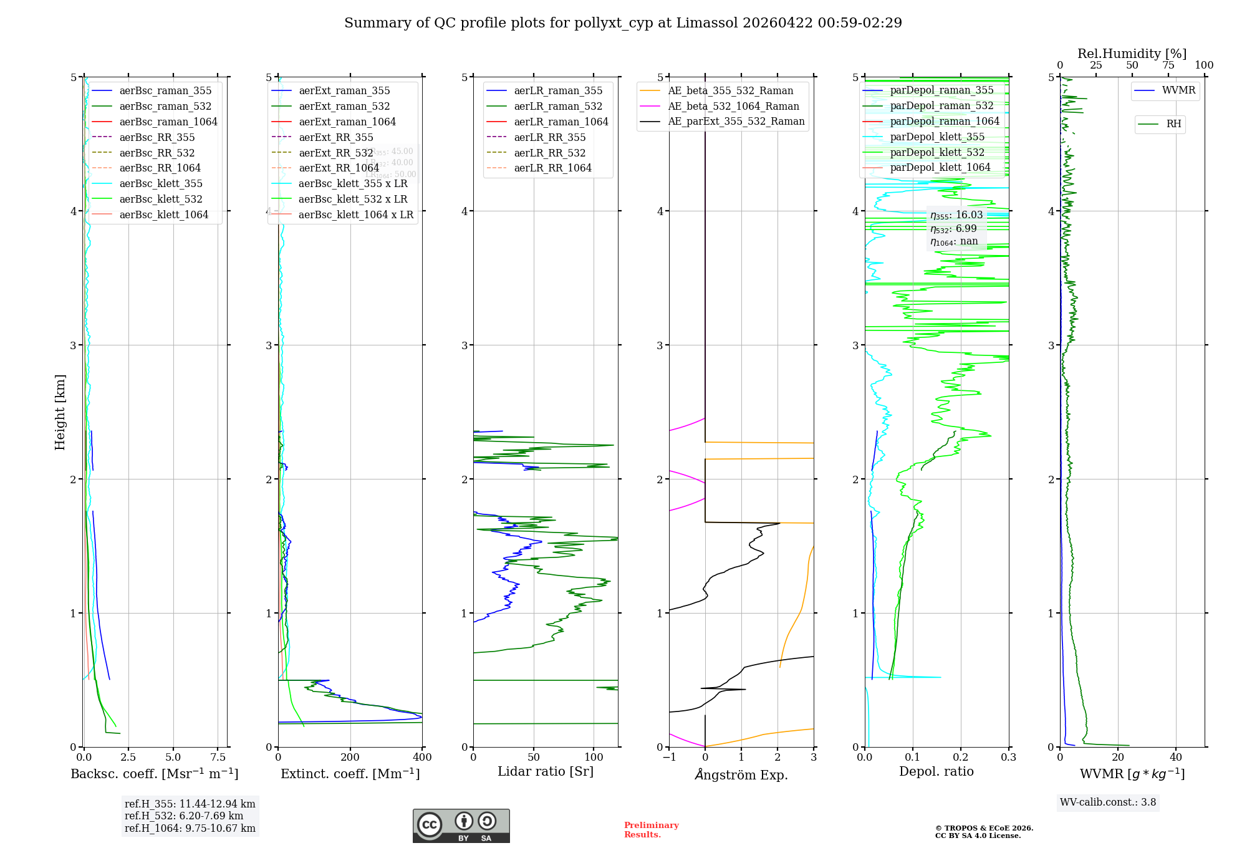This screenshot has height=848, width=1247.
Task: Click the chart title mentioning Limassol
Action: (x=623, y=23)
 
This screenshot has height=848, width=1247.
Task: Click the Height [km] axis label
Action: (x=60, y=412)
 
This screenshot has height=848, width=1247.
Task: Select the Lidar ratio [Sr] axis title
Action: (x=546, y=771)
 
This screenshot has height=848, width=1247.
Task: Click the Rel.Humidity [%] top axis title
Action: (x=1132, y=54)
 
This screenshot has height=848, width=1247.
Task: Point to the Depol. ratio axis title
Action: (x=936, y=771)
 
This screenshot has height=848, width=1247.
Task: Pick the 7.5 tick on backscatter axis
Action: (x=218, y=758)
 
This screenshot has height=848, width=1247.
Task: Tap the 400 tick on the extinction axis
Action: (x=422, y=758)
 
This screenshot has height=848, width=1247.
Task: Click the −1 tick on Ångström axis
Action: (x=669, y=758)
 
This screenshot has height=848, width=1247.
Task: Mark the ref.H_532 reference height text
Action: (x=184, y=816)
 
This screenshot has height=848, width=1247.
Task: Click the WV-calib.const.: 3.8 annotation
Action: (x=1108, y=802)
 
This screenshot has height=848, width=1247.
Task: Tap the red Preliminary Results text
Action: (x=651, y=830)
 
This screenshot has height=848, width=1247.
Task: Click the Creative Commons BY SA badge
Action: (x=461, y=826)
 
